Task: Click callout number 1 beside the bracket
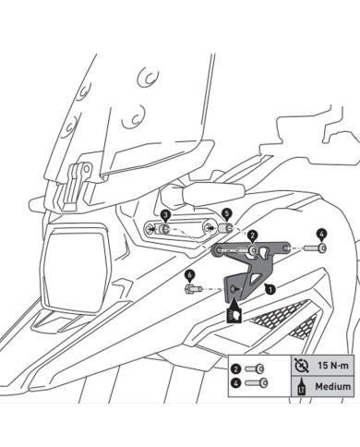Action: coord(270,289)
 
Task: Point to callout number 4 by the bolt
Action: coord(321,233)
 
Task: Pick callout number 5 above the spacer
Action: coord(227,213)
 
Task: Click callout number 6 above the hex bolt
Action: coord(188,274)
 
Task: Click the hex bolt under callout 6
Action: coord(190,289)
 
